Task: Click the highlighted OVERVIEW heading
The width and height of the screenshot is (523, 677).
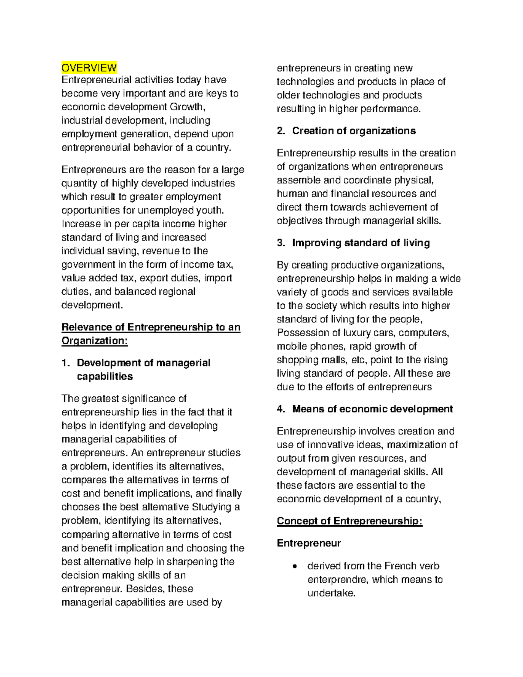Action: click(x=89, y=68)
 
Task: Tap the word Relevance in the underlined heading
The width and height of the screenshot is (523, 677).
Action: click(x=87, y=327)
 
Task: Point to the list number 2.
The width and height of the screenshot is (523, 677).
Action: click(x=281, y=131)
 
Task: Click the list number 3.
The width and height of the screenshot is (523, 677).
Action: click(x=281, y=243)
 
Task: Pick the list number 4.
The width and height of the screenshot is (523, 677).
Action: click(x=281, y=409)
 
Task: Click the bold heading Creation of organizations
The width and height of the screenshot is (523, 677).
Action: click(x=354, y=131)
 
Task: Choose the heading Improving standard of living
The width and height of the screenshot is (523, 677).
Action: click(x=361, y=243)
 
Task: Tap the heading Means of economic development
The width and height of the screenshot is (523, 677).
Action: click(x=373, y=409)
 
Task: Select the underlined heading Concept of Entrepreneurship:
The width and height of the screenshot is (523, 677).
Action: click(x=350, y=521)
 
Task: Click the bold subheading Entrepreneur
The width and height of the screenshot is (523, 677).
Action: click(x=309, y=543)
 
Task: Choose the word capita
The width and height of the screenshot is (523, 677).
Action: click(x=143, y=224)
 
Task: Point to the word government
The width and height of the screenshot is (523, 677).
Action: click(x=88, y=265)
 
